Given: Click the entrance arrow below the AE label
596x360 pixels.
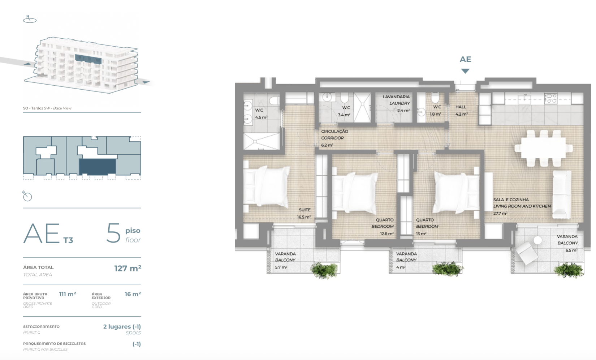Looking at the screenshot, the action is coord(465,71).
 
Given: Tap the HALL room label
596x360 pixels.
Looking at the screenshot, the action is coord(461,107).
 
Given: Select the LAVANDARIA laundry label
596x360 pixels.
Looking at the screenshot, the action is coord(396,97).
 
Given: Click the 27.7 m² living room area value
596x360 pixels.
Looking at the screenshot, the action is coord(500,213).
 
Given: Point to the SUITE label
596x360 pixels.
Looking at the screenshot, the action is coord(305,210).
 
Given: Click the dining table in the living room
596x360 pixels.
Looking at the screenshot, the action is coord(544,148).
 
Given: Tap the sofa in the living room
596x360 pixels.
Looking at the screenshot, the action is coord(562,195).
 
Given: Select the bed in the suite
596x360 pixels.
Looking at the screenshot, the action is coord(267,187).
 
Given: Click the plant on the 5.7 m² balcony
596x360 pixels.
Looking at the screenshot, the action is coord(324,270).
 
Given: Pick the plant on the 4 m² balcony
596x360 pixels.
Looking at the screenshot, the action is coord(447,269).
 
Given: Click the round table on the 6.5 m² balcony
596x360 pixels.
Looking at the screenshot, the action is coord(538,240).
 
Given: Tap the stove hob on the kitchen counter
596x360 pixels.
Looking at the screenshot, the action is coord(550,98).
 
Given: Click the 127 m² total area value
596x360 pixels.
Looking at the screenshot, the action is coord(128,268).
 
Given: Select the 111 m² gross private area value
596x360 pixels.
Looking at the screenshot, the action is coord(68,294).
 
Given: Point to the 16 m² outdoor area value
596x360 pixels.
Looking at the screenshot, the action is coord(133,294).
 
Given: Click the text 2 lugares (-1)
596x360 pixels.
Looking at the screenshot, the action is coord(122,326).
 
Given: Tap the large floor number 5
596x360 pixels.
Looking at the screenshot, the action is coord(114,233).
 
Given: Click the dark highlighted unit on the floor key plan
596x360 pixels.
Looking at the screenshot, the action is coord(98,167).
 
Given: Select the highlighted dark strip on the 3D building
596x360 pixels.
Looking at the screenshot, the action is coord(88,59).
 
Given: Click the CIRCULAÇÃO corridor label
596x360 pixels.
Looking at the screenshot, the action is coord(334,131).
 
